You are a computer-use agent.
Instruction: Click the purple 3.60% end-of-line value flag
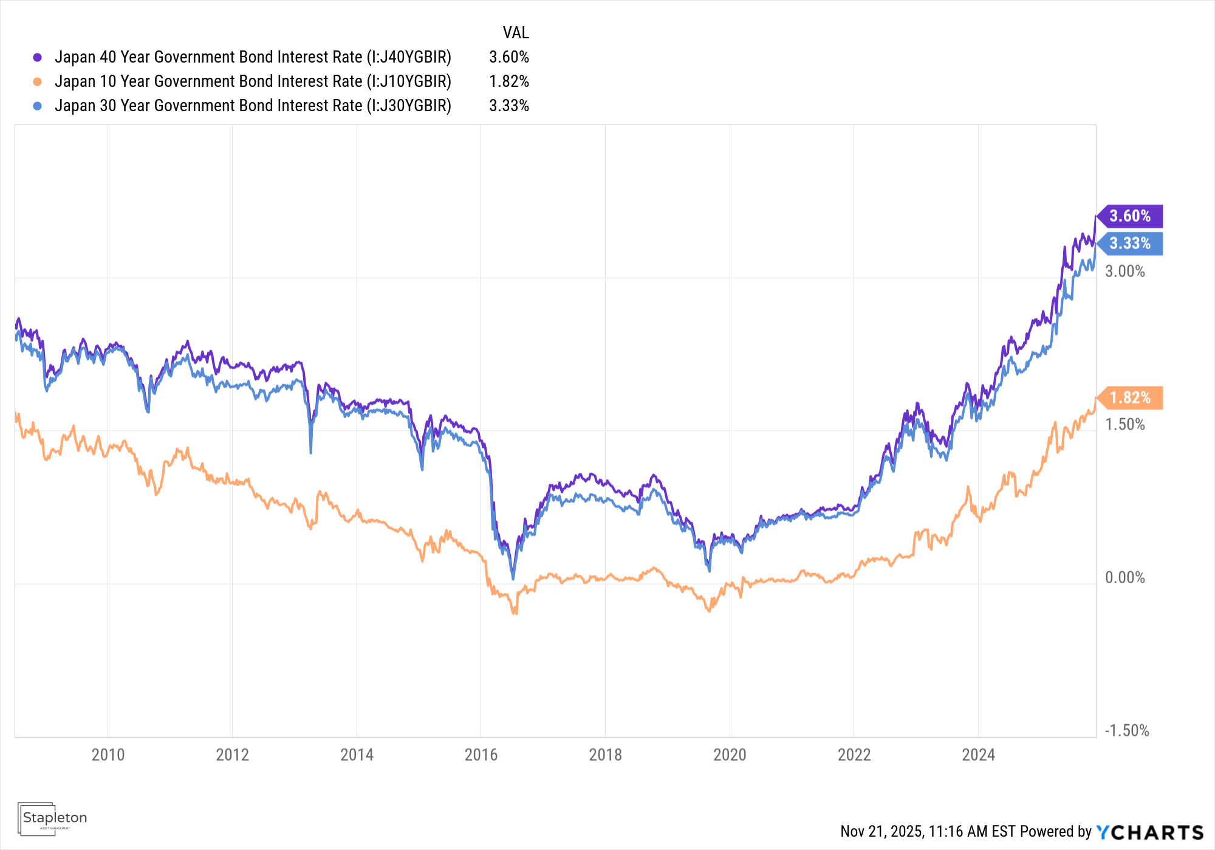tap(1129, 216)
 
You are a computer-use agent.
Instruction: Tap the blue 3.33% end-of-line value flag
tap(1129, 244)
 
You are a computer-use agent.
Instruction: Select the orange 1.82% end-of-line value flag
tap(1129, 398)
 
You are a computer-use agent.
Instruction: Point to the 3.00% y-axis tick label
tap(1124, 272)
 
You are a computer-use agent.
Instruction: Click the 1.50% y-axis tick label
tap(1124, 425)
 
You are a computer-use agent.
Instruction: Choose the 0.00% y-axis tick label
tap(1124, 578)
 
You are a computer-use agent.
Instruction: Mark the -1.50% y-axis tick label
tap(1126, 731)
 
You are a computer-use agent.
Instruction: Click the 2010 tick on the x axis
tap(108, 755)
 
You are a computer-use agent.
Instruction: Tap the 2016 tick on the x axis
tap(481, 755)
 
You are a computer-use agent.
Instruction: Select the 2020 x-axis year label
tap(730, 755)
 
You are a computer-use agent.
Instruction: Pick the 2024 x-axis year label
tap(978, 755)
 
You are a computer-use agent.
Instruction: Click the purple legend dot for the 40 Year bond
tap(38, 57)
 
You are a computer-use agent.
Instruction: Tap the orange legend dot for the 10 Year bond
tap(38, 81)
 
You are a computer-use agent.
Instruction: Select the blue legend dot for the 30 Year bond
tap(38, 106)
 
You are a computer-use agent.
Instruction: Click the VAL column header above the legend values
tap(516, 33)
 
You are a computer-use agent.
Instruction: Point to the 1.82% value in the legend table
tap(509, 81)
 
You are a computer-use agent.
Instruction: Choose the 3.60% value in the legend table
tap(509, 57)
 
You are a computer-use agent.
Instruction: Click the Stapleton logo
tap(53, 818)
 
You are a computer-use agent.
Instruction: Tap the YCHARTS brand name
tap(1150, 832)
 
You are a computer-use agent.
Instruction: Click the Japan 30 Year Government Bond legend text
tap(253, 106)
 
